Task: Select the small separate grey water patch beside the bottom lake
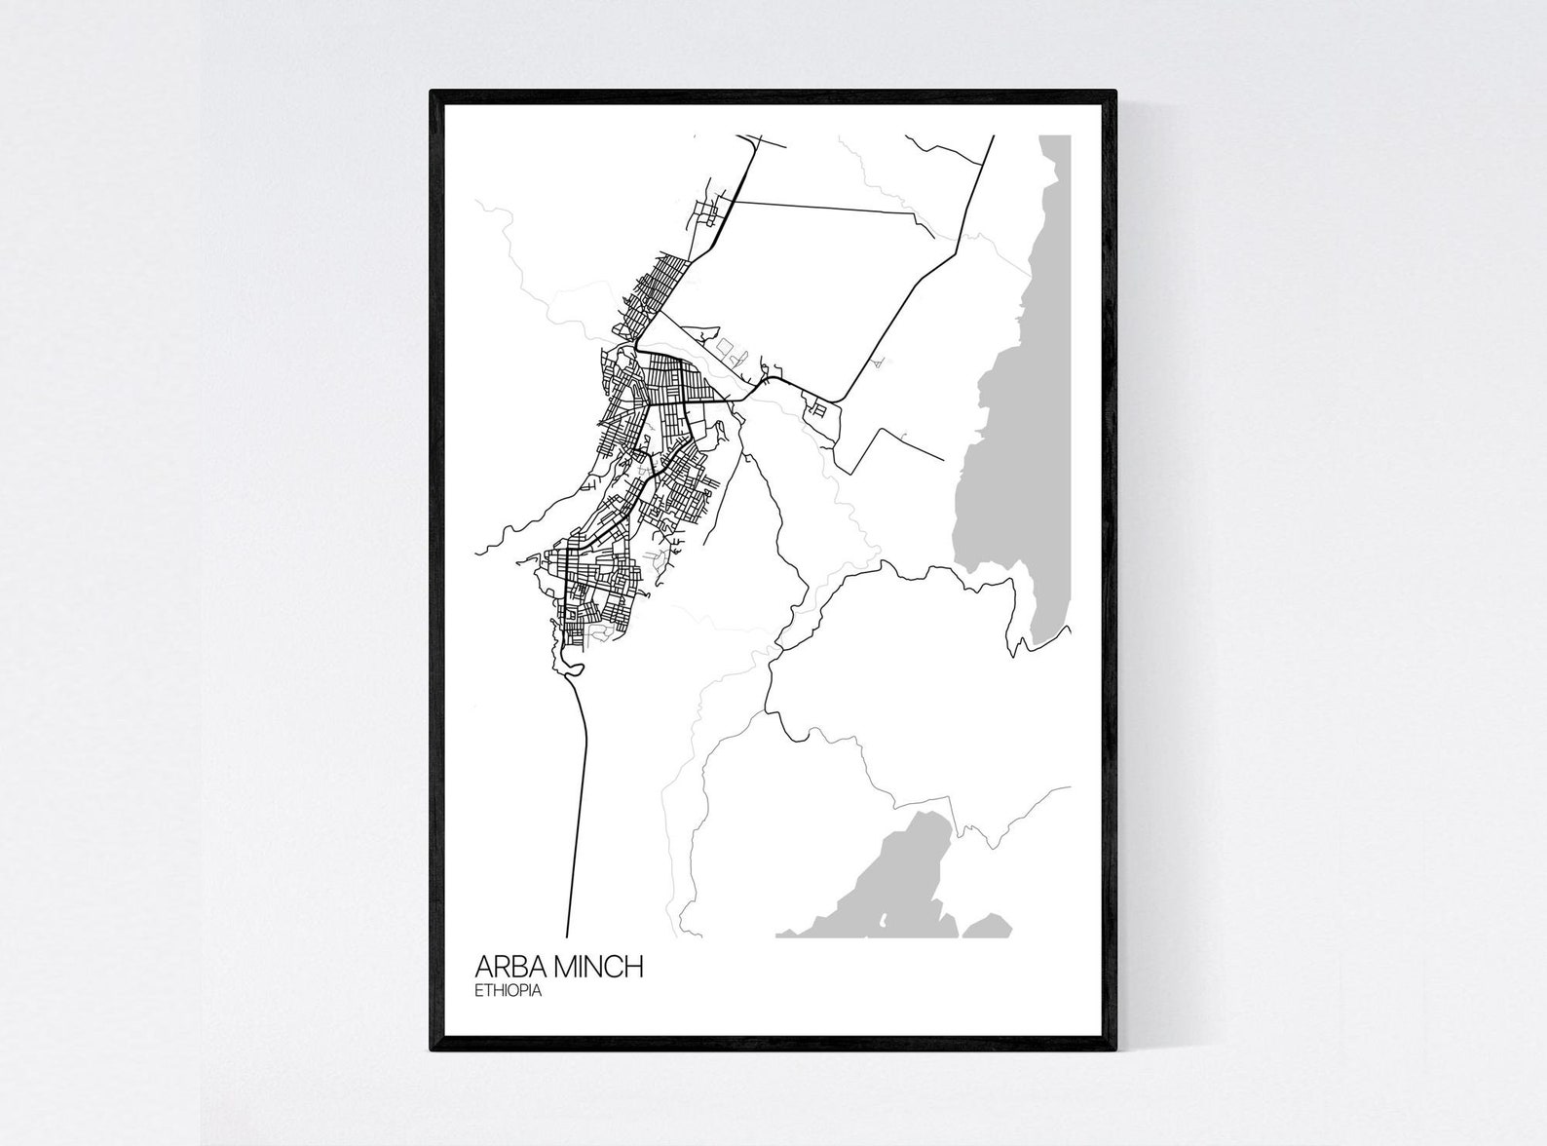[989, 926]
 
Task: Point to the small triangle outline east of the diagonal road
[880, 363]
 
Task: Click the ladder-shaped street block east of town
[815, 410]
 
